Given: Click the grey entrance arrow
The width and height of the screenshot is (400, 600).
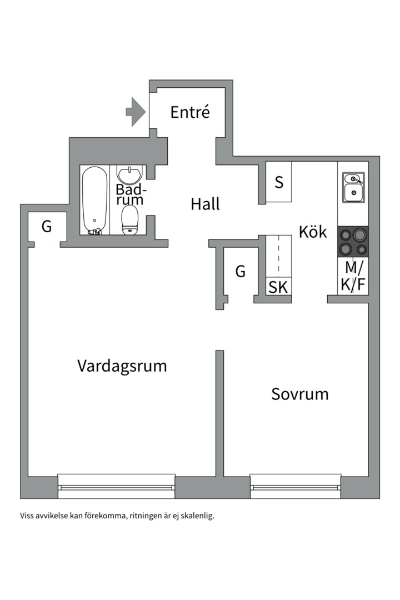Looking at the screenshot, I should click(x=135, y=112).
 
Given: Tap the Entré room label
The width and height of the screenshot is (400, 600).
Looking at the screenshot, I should click(x=190, y=112).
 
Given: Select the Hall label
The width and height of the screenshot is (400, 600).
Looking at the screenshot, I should click(x=205, y=204).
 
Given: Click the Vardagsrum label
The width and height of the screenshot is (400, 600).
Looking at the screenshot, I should click(x=122, y=366).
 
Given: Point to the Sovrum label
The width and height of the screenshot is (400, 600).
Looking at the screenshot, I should click(x=299, y=394).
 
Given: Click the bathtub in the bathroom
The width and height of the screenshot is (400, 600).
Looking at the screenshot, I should click(x=94, y=200).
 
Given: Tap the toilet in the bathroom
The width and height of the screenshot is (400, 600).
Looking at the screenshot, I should click(x=130, y=220).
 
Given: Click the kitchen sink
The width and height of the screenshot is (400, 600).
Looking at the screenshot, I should click(x=353, y=187).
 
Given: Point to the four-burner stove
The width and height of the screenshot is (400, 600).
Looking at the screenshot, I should click(x=353, y=242).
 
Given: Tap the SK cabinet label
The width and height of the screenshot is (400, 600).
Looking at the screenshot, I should click(x=278, y=287).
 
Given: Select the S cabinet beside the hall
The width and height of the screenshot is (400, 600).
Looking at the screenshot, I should click(x=279, y=182).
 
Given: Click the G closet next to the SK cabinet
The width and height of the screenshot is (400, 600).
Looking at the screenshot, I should click(x=240, y=272).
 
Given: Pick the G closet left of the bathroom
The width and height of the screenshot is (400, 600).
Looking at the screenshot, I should click(x=47, y=227).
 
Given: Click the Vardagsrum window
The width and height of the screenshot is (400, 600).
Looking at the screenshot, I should click(x=117, y=486).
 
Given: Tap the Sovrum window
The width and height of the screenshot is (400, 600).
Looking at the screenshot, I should click(x=296, y=486).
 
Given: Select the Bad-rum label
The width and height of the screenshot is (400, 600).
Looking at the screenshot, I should click(x=130, y=194).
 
